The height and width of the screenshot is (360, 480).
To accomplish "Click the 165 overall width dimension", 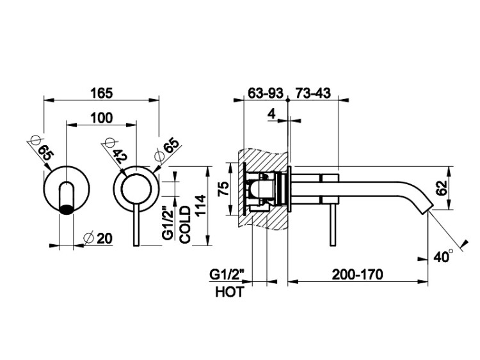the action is [101, 93].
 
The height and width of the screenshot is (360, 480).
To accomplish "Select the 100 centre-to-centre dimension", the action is [102, 118].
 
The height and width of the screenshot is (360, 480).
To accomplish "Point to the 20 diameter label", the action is [104, 239].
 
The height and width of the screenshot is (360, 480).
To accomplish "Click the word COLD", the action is [185, 225].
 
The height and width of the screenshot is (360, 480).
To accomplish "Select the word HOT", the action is [230, 292].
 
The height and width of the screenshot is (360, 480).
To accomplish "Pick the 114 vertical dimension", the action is [201, 205].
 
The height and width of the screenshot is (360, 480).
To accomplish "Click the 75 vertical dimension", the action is [224, 189].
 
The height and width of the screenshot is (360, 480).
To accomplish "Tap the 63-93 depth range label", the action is [266, 93].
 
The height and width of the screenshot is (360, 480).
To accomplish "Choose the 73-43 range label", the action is [312, 93].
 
